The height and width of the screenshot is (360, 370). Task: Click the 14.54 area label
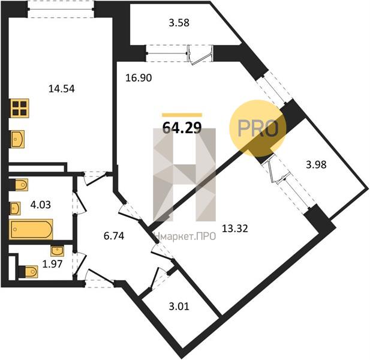pos(62,89)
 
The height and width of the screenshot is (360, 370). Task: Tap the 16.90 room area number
pos(139,77)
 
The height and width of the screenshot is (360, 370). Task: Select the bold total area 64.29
pos(182,128)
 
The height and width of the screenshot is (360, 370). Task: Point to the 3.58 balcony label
pos(179,23)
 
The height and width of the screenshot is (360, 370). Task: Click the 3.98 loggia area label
pos(316,164)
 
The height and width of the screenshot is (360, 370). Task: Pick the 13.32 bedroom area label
pos(235,229)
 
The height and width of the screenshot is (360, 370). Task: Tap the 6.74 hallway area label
pos(114,236)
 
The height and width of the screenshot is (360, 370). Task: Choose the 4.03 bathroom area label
pos(41,205)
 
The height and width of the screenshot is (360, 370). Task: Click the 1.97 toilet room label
pos(52,264)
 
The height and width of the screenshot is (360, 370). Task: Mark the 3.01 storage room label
pos(179,307)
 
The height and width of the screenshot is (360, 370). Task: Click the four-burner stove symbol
pos(20,108)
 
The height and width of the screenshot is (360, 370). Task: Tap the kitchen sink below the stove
pos(17,139)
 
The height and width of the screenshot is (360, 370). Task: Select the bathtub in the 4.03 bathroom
pos(31,229)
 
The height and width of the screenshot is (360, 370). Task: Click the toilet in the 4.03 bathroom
pos(19,185)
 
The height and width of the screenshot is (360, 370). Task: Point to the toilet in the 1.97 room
pos(28,272)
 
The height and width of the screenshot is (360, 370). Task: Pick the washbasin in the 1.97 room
pos(57,251)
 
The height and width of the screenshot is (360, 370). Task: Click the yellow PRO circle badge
pos(258,128)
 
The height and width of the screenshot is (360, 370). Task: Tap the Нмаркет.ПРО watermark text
pos(185,236)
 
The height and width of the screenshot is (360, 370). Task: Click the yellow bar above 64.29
pos(182,115)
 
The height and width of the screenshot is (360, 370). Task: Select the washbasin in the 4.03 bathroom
pos(14,208)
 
